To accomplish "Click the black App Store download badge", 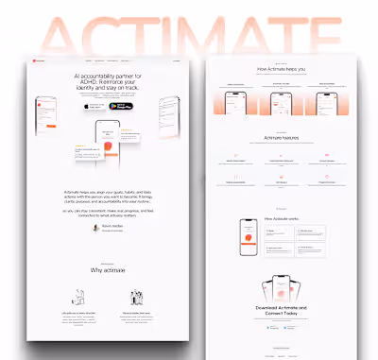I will (x=91, y=107).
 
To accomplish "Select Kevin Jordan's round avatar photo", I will (x=96, y=228).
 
